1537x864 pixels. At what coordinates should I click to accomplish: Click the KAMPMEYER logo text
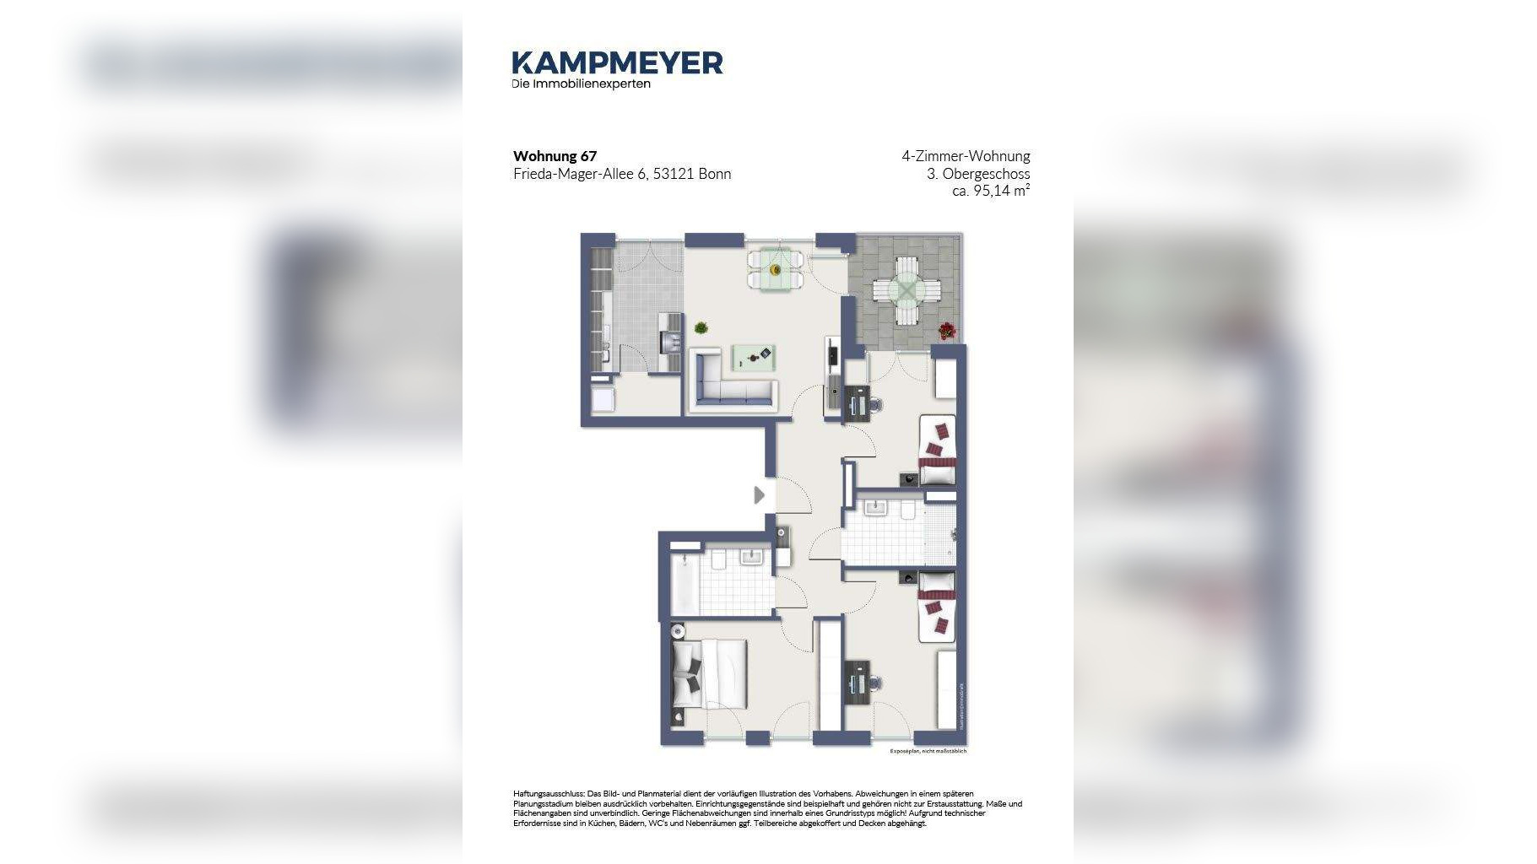click(617, 63)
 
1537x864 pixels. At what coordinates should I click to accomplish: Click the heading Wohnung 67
click(555, 156)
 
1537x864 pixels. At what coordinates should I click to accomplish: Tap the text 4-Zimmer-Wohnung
click(965, 156)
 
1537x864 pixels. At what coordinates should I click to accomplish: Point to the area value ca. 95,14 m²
click(990, 191)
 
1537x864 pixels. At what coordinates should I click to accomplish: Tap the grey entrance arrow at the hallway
click(759, 495)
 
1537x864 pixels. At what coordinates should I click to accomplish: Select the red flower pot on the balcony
click(947, 331)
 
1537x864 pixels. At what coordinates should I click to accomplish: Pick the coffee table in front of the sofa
click(753, 358)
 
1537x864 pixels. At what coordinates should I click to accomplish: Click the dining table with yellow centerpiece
click(775, 270)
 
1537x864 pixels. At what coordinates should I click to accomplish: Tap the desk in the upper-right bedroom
click(858, 402)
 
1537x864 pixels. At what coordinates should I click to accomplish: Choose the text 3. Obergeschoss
click(977, 174)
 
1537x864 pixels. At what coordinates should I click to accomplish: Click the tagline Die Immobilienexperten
click(581, 84)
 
